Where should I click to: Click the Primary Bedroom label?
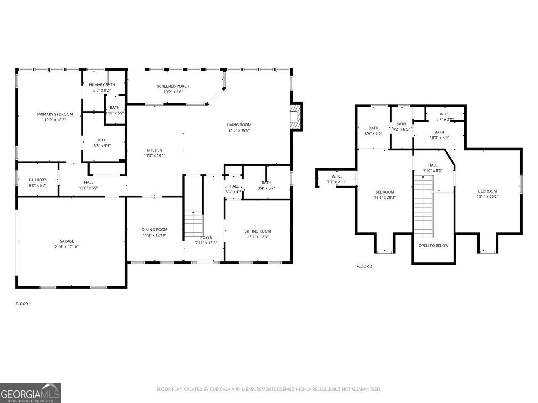pyautogui.click(x=55, y=114)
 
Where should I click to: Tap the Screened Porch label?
pyautogui.click(x=173, y=86)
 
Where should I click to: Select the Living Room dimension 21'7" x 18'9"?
pyautogui.click(x=239, y=130)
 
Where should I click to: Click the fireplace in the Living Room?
pyautogui.click(x=296, y=116)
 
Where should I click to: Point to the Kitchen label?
pyautogui.click(x=154, y=150)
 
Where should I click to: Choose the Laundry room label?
pyautogui.click(x=37, y=180)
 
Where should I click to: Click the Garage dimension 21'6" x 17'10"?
pyautogui.click(x=66, y=247)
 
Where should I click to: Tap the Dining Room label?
pyautogui.click(x=154, y=230)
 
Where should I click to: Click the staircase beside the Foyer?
pyautogui.click(x=193, y=225)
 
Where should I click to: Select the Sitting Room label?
pyautogui.click(x=258, y=231)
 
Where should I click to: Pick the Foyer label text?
pyautogui.click(x=206, y=238)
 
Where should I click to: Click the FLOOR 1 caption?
pyautogui.click(x=23, y=304)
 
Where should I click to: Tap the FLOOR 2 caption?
pyautogui.click(x=364, y=266)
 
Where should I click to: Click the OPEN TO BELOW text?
pyautogui.click(x=433, y=246)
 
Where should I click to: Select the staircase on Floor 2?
pyautogui.click(x=423, y=206)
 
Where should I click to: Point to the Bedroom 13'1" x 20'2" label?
pyautogui.click(x=487, y=191)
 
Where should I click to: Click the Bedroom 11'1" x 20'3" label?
pyautogui.click(x=385, y=192)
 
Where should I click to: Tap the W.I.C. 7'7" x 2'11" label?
pyautogui.click(x=337, y=176)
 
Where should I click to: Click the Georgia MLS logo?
pyautogui.click(x=30, y=393)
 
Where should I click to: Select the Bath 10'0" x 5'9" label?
pyautogui.click(x=439, y=132)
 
